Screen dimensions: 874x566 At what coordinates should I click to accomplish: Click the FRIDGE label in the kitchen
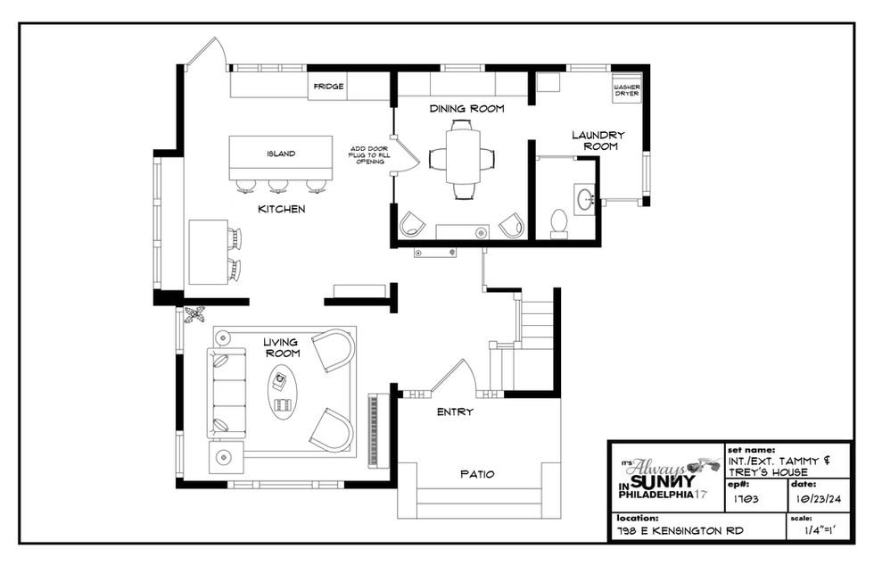click(x=328, y=87)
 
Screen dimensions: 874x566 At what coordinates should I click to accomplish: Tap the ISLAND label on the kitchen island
click(x=281, y=154)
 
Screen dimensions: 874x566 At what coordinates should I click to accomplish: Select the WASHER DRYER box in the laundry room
click(x=626, y=88)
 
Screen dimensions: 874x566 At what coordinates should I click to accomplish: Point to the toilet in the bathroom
click(x=558, y=222)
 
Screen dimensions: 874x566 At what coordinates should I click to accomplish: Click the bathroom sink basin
click(x=585, y=198)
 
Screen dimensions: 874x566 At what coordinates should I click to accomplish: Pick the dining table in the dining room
click(x=463, y=156)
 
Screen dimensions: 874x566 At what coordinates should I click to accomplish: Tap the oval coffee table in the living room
click(x=284, y=393)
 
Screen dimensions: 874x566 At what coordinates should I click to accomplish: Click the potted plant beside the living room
click(x=194, y=315)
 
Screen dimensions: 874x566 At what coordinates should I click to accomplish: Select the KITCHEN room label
click(x=282, y=209)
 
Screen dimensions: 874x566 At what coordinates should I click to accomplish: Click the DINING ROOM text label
click(x=466, y=108)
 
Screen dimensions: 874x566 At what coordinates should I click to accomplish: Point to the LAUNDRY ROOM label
click(x=598, y=141)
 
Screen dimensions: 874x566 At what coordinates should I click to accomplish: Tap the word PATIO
click(x=477, y=474)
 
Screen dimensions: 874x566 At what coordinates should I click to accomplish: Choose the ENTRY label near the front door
click(x=455, y=412)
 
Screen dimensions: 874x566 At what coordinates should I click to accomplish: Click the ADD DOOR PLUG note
click(x=369, y=154)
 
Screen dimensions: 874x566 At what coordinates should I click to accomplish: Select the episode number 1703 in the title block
click(x=746, y=499)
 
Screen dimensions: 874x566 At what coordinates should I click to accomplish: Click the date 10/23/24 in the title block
click(x=819, y=499)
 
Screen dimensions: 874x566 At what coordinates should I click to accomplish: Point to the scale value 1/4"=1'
click(x=821, y=531)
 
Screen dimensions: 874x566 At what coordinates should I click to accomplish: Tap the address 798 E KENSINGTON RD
click(x=680, y=531)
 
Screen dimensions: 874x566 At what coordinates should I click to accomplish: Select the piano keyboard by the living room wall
click(x=374, y=430)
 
